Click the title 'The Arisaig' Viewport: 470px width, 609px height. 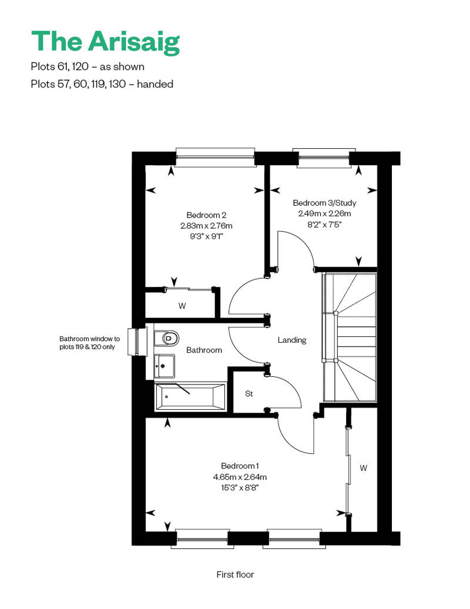(106, 42)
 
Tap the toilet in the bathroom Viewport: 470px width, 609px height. (166, 338)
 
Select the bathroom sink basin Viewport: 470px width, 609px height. (164, 366)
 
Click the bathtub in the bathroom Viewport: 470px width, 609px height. (190, 397)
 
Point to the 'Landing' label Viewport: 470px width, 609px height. (292, 340)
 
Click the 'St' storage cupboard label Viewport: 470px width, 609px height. (249, 394)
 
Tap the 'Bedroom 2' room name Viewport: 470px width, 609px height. (206, 215)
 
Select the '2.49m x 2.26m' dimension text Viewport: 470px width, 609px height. (324, 213)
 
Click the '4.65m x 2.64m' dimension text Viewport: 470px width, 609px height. (240, 477)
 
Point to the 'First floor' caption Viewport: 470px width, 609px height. (235, 574)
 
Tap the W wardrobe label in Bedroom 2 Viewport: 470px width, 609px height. (182, 306)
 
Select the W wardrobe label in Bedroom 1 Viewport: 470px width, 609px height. (363, 468)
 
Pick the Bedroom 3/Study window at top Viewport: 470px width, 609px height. (324, 158)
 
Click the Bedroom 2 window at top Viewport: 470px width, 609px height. (216, 158)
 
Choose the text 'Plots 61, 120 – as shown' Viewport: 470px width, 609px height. (88, 67)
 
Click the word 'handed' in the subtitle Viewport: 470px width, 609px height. (155, 84)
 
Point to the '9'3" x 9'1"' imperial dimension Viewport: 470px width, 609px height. (206, 236)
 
